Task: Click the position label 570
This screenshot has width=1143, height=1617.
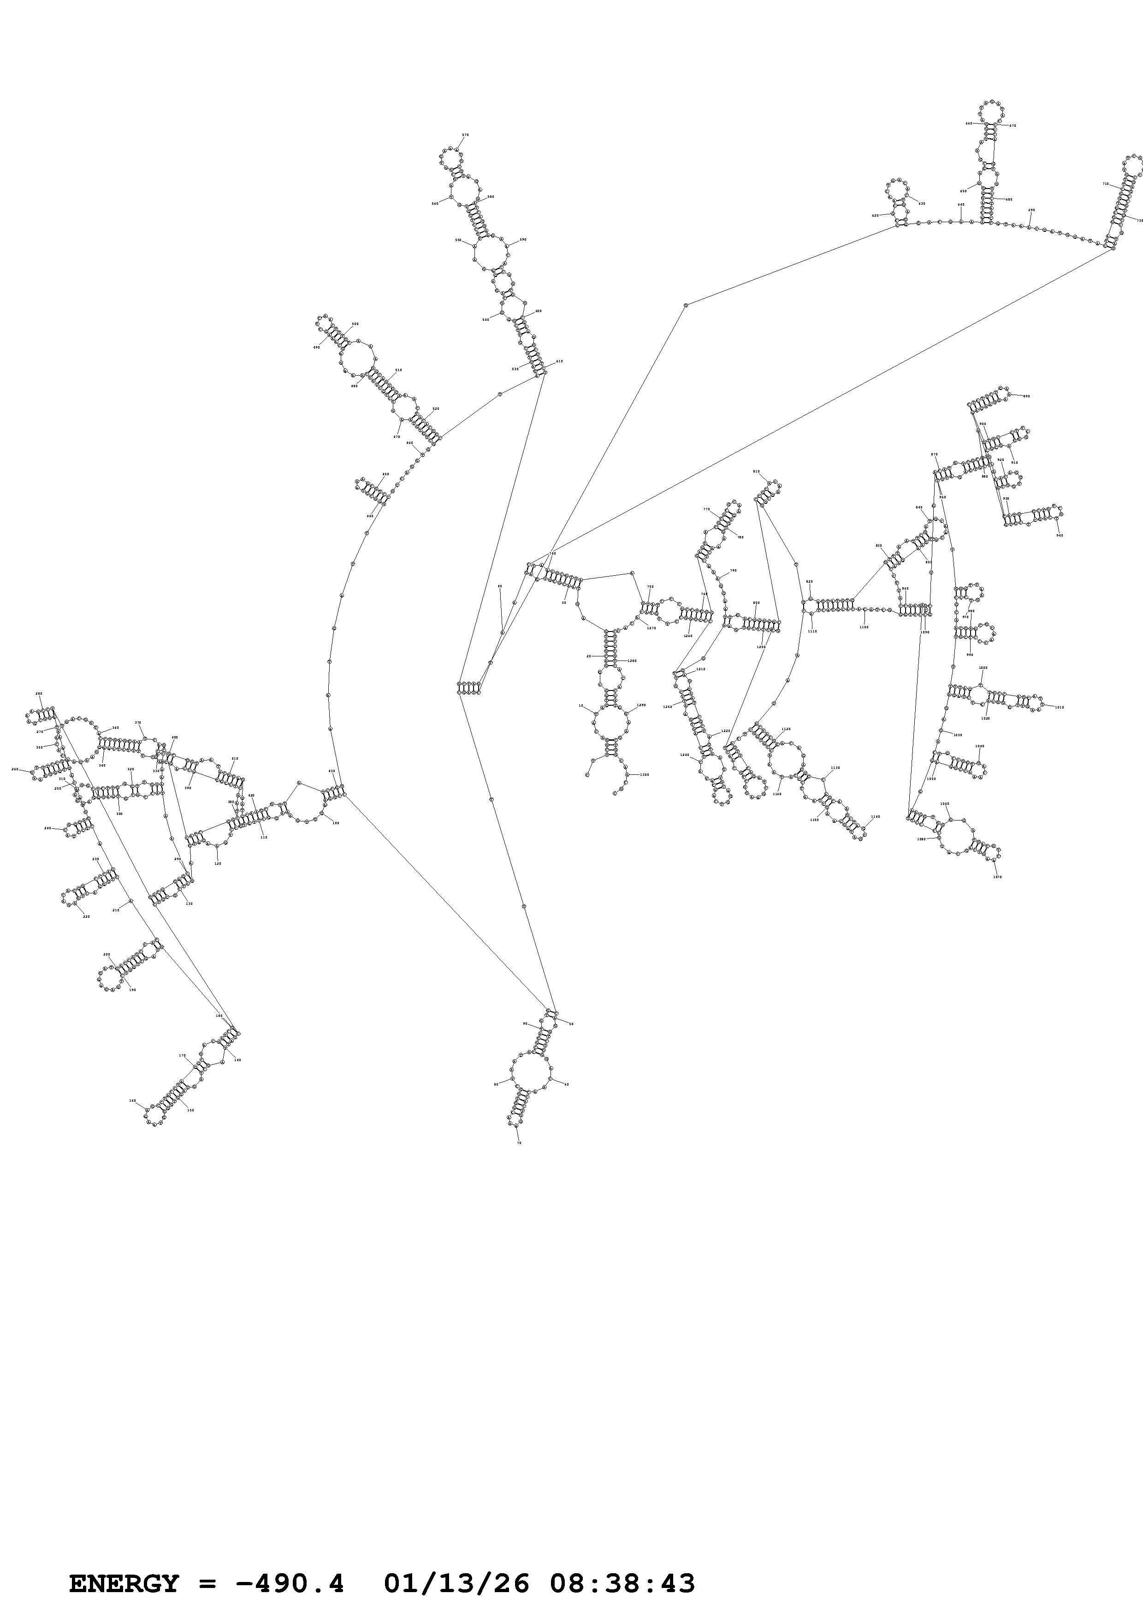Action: pyautogui.click(x=465, y=135)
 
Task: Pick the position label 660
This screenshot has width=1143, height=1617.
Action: pyautogui.click(x=968, y=123)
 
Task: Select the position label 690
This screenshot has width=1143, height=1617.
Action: pyautogui.click(x=1032, y=210)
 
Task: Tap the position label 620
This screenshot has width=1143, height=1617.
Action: pyautogui.click(x=876, y=216)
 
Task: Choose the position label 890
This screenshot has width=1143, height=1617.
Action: pyautogui.click(x=1026, y=396)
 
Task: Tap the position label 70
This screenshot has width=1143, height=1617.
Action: pyautogui.click(x=520, y=1142)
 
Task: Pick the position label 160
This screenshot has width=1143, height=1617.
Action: pyautogui.click(x=132, y=1100)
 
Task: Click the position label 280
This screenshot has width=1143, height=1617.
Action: pyautogui.click(x=39, y=694)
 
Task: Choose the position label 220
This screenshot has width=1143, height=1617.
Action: pyautogui.click(x=87, y=916)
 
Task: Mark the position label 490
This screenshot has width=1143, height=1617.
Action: pyautogui.click(x=316, y=347)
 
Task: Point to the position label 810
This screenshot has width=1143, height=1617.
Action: pyautogui.click(x=756, y=471)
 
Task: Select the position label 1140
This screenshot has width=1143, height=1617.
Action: pyautogui.click(x=876, y=817)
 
